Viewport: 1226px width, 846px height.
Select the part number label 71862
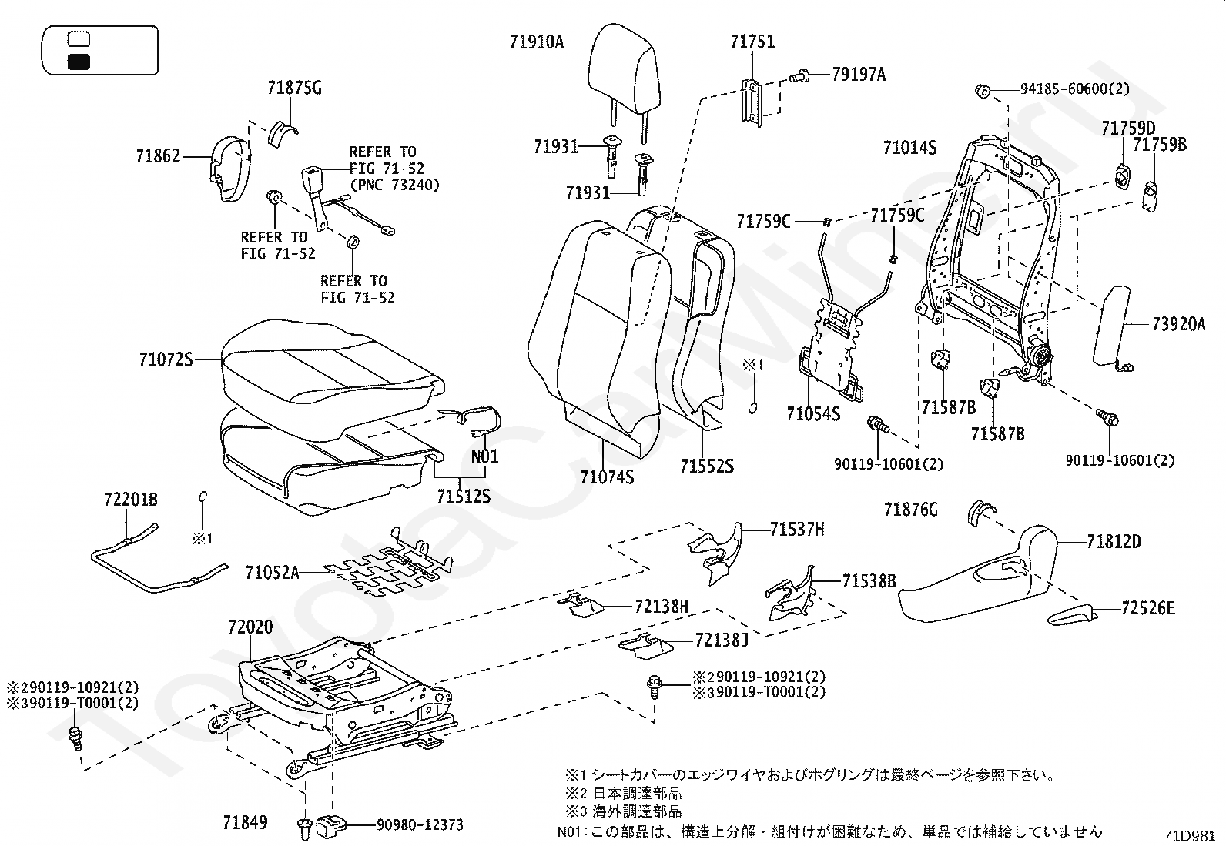(159, 156)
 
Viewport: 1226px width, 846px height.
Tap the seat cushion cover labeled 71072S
(331, 369)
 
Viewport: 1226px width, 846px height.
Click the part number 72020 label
(250, 627)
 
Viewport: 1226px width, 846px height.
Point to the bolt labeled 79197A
(801, 75)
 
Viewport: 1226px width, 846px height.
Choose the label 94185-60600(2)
(1075, 89)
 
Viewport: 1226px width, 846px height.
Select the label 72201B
(130, 500)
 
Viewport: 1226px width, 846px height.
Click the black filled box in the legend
(79, 62)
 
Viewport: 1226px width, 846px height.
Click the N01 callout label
(484, 456)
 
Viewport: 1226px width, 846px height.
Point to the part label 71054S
(813, 413)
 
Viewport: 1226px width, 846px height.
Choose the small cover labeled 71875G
(283, 132)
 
